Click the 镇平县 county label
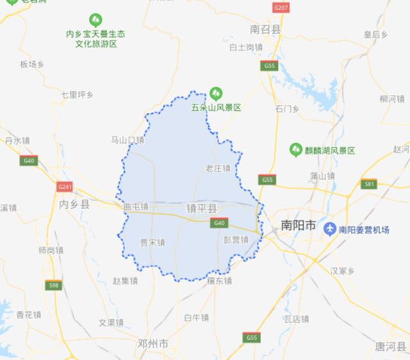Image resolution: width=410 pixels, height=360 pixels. click(x=202, y=209)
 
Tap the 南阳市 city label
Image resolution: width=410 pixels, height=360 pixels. click(x=299, y=225)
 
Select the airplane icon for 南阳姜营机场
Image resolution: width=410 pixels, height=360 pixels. click(x=330, y=229)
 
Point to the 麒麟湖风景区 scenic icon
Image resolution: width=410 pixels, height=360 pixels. click(x=296, y=150)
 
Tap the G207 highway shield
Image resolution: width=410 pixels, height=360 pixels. click(x=281, y=8)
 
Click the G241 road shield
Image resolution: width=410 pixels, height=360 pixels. click(x=65, y=186)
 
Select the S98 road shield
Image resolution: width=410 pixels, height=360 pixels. click(x=53, y=285)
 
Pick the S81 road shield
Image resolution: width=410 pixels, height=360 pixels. click(x=368, y=184)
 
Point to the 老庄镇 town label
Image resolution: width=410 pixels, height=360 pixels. click(x=217, y=168)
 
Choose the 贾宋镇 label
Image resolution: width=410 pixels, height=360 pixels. click(x=152, y=243)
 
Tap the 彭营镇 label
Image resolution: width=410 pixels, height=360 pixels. click(x=235, y=240)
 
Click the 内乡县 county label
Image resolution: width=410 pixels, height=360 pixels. click(x=74, y=204)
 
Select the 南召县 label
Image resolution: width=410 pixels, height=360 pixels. click(x=266, y=29)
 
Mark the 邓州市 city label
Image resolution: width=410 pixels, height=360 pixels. click(x=152, y=344)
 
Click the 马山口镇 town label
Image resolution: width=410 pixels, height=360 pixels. click(x=128, y=140)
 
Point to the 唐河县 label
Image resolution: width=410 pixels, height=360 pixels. click(x=390, y=347)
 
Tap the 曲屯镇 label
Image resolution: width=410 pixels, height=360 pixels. click(x=136, y=207)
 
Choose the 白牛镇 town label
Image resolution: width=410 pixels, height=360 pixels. click(x=196, y=318)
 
